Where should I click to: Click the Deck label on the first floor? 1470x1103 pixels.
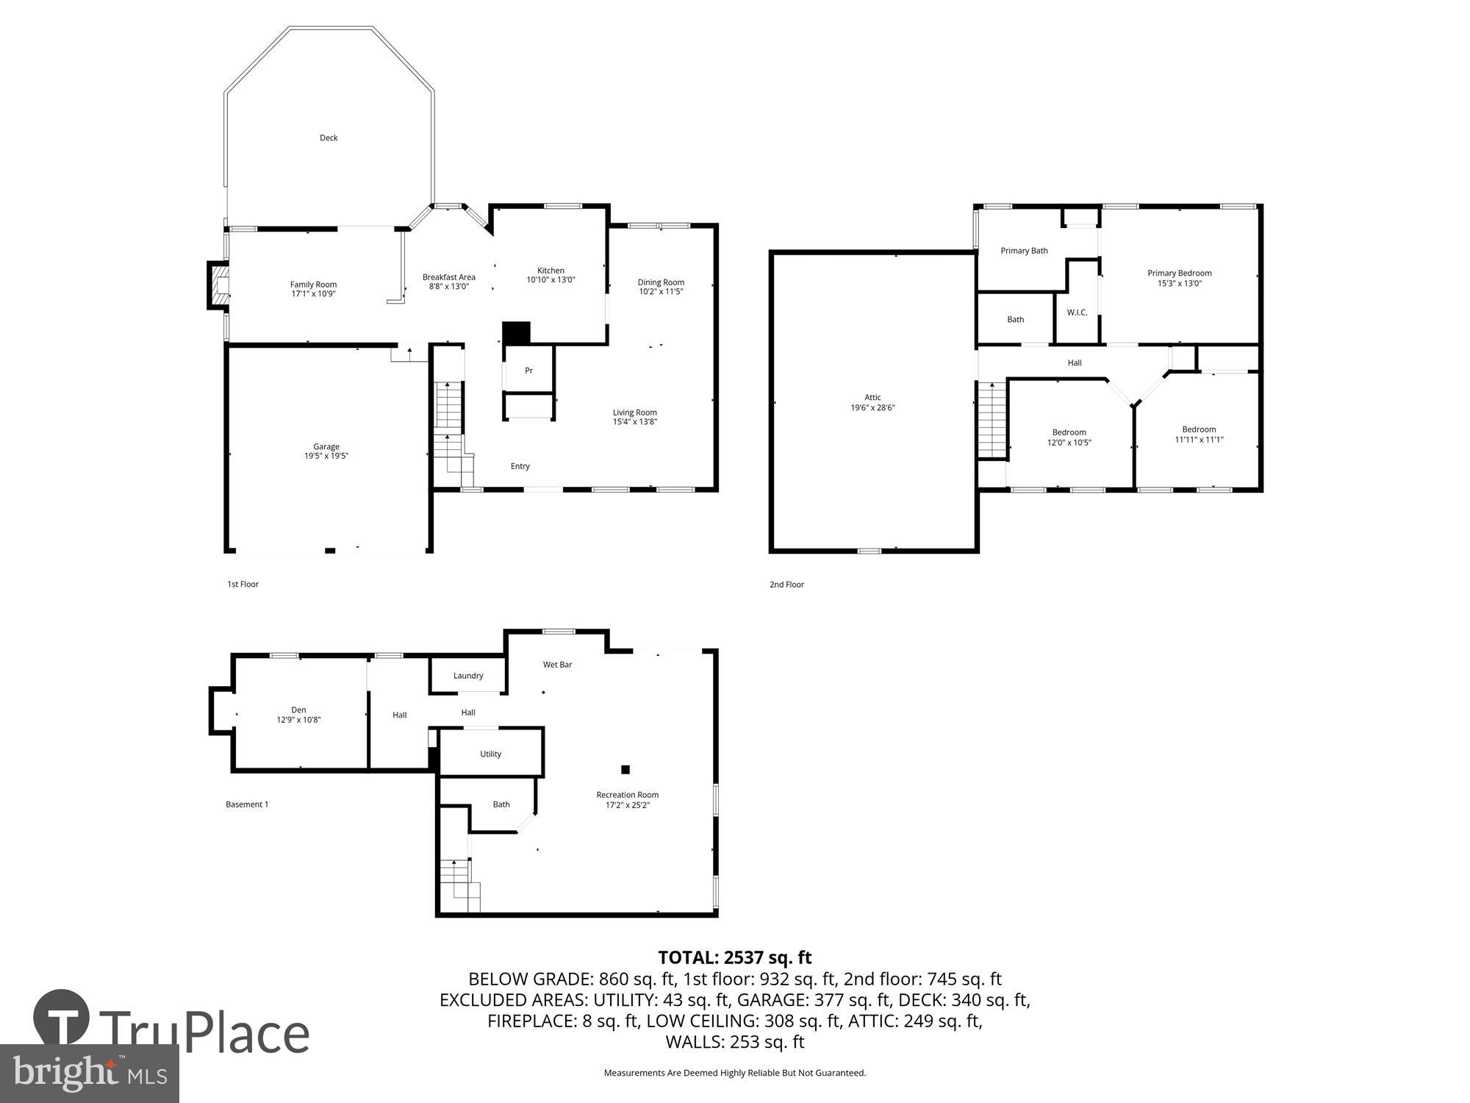pos(329,138)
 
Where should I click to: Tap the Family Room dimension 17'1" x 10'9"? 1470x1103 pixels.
pos(313,294)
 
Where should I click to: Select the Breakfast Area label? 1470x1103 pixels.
pos(448,277)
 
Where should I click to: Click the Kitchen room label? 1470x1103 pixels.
pos(551,271)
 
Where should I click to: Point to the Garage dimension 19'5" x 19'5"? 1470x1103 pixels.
pos(326,456)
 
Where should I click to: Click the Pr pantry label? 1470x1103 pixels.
pos(528,371)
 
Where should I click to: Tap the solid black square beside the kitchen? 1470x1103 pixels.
pos(516,333)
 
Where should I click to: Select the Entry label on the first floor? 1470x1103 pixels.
pos(520,466)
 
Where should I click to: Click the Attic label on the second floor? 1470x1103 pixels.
pos(872,398)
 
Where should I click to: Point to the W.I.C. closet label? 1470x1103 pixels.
pos(1077,313)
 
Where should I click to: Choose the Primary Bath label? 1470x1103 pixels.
pos(1024,251)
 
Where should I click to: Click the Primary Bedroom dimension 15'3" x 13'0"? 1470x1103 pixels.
pos(1179,283)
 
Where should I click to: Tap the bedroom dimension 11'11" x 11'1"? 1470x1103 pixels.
pos(1199,440)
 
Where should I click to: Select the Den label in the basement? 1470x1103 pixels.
pos(298,710)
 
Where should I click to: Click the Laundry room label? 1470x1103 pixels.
pos(468,676)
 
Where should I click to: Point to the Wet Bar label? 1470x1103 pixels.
pos(557,665)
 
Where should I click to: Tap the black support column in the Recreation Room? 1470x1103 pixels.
pos(625,770)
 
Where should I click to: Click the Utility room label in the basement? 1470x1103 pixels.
pos(490,754)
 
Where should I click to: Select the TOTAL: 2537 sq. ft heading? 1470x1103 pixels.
pos(734,957)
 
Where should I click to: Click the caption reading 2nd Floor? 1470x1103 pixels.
pos(786,585)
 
